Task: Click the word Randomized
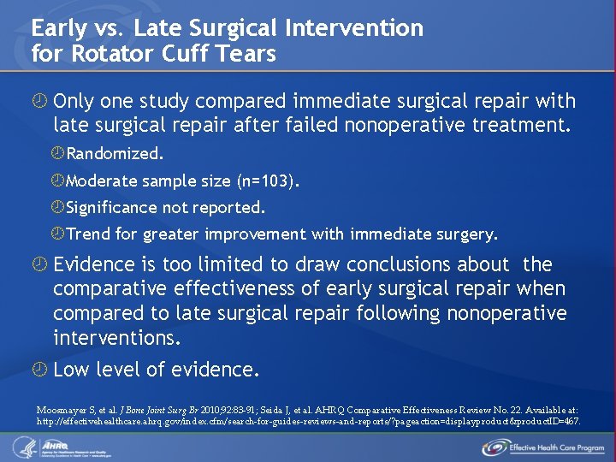pyautogui.click(x=115, y=154)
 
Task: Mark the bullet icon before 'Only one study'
pyautogui.click(x=38, y=102)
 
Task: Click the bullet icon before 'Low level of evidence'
pyautogui.click(x=38, y=370)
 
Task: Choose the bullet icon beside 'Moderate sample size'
pyautogui.click(x=58, y=181)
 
